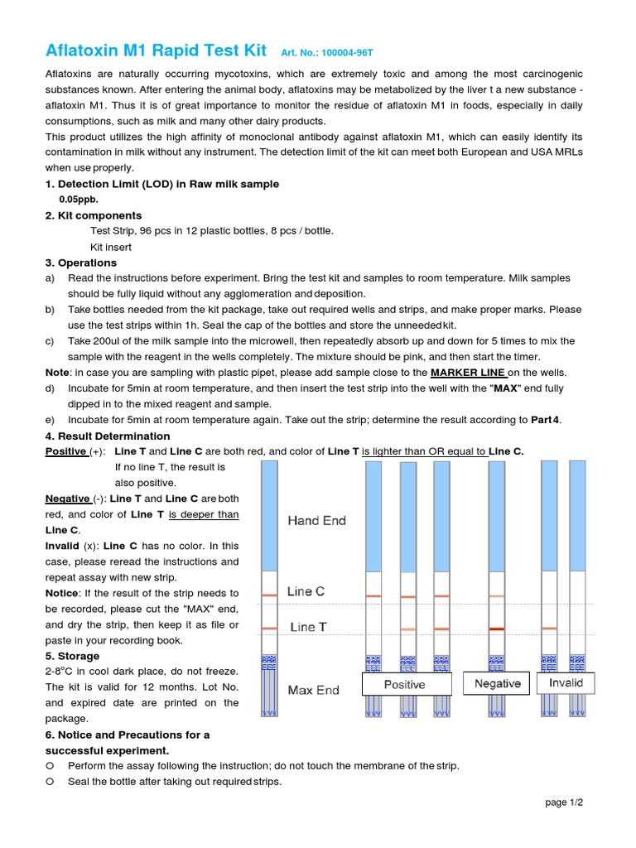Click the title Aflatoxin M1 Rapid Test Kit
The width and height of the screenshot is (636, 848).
156,51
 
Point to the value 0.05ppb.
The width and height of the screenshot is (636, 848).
79,200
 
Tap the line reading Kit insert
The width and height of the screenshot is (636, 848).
110,247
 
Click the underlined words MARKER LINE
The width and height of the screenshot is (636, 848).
468,373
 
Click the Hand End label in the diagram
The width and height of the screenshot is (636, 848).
316,521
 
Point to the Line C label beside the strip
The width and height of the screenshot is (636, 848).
306,591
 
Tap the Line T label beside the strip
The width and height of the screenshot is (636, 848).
308,627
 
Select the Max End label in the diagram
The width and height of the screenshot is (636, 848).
313,690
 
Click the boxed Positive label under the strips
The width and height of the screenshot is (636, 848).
405,685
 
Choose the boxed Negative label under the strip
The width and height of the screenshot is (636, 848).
497,684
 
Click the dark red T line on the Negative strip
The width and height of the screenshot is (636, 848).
496,629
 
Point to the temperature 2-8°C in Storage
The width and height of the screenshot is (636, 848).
62,671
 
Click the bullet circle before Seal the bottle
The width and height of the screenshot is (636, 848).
51,782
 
